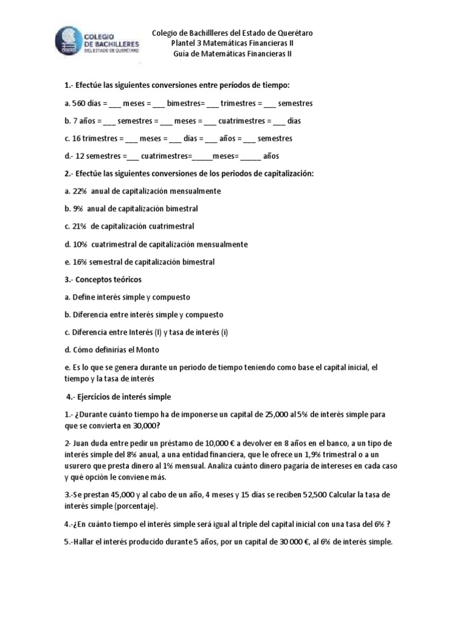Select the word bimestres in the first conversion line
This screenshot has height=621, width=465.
(x=185, y=104)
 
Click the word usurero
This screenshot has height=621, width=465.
(x=78, y=466)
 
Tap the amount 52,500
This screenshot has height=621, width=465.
(x=315, y=495)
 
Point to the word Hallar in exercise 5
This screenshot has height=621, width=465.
(x=85, y=542)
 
